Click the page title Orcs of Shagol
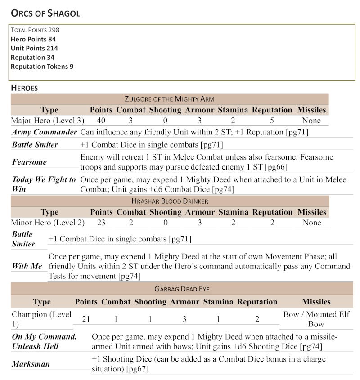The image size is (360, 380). tap(45, 13)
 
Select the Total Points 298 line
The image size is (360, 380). tap(35, 30)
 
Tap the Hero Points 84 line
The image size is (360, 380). tap(33, 39)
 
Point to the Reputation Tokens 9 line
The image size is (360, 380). tap(42, 67)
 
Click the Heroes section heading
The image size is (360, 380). tap(24, 88)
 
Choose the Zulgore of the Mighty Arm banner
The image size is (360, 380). tap(170, 99)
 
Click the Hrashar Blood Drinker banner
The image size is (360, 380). tap(170, 201)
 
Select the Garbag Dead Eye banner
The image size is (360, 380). tap(182, 290)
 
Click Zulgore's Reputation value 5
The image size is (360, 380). tap(272, 121)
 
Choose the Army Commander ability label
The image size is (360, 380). tap(44, 132)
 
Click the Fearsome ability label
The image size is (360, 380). tap(29, 162)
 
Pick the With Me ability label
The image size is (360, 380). tap(27, 266)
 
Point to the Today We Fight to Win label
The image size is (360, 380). tap(44, 184)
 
